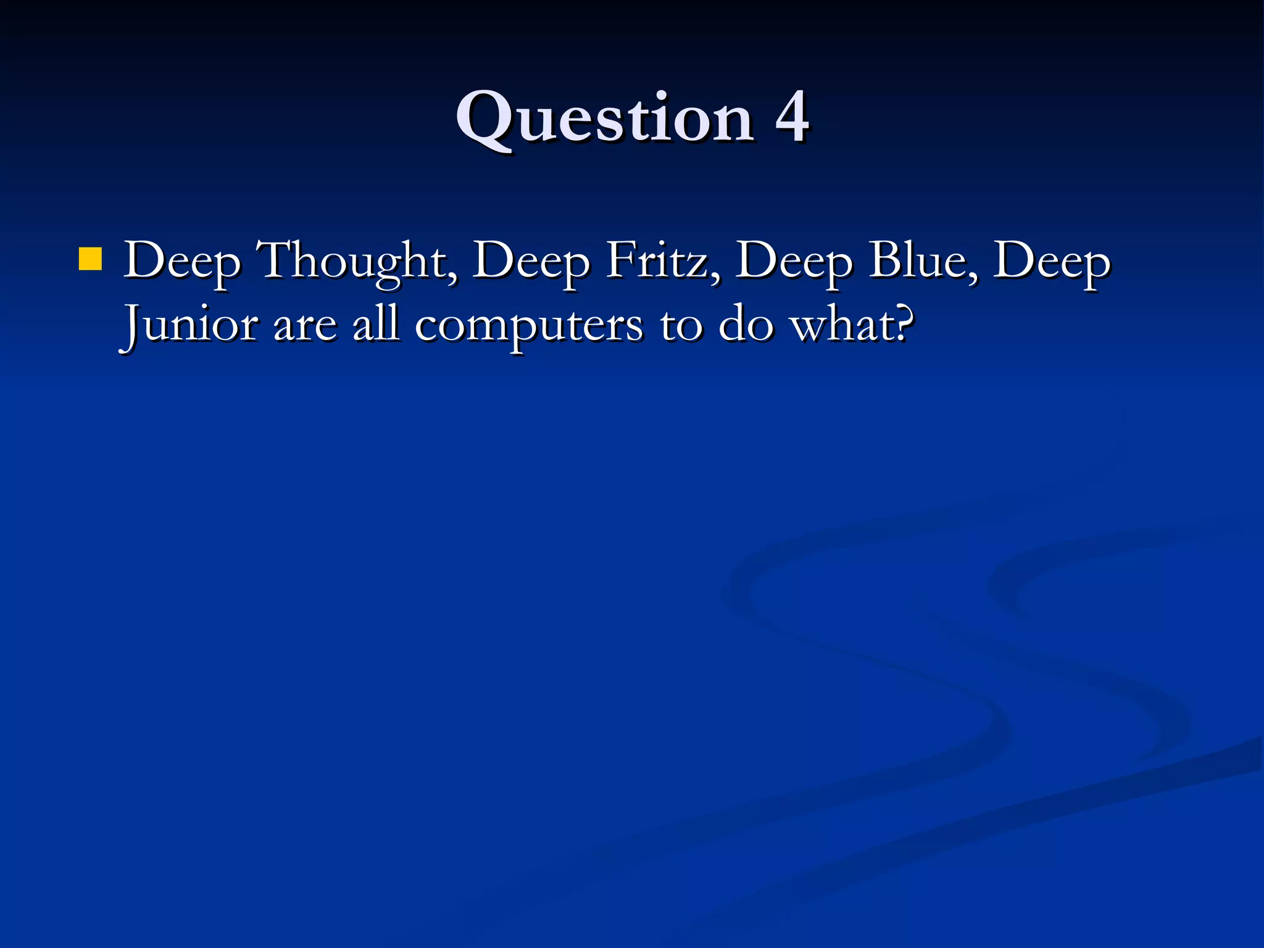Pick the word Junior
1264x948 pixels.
pyautogui.click(x=189, y=325)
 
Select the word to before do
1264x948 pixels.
pyautogui.click(x=681, y=325)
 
